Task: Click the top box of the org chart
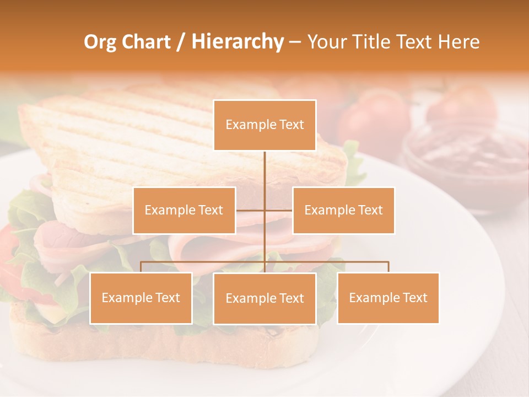264,125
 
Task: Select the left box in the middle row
184,210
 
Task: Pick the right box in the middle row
343,210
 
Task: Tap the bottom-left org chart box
141,298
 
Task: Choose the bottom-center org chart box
264,298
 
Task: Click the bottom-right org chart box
388,298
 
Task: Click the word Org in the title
99,42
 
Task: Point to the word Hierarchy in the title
237,42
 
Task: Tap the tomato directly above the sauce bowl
462,105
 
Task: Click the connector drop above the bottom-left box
141,267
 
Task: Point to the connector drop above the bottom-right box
388,267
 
